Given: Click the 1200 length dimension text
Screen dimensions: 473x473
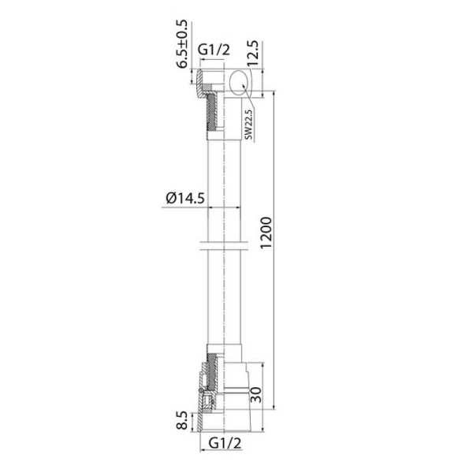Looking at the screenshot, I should coord(266,234).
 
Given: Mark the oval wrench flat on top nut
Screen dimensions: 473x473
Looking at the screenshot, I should coord(240,81).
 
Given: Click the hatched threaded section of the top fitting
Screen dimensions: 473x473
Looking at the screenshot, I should coord(210,114).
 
